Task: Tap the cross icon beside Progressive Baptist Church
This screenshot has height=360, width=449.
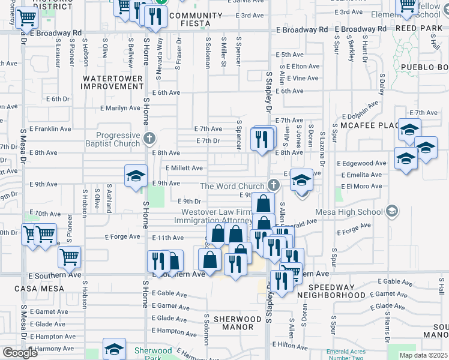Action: coord(149,139)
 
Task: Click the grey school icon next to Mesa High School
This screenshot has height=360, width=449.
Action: coord(392,211)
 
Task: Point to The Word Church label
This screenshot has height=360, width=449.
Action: coord(232,186)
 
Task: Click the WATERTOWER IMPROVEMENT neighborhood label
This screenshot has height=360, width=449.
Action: coord(113,82)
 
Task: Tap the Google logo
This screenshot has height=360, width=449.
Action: coord(20,353)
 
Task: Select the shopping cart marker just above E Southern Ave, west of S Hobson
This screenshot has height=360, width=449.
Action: coord(69,257)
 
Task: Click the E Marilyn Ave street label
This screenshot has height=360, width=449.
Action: coord(119,108)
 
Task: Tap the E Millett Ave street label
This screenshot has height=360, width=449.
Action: coord(184,169)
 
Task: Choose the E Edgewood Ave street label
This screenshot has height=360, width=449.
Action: coord(361,163)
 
